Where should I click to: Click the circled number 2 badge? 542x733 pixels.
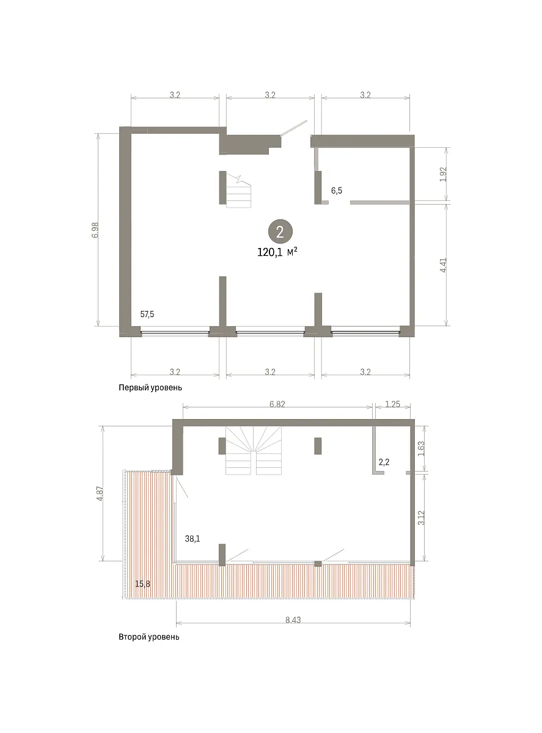(x=280, y=232)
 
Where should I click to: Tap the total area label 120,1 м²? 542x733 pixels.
(x=277, y=252)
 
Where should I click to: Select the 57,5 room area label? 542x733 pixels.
(x=147, y=314)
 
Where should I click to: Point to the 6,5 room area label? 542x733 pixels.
(x=337, y=191)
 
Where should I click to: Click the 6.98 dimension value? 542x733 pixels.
(x=95, y=230)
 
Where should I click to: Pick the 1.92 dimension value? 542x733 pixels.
(x=444, y=174)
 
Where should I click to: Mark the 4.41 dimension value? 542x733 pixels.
(x=444, y=264)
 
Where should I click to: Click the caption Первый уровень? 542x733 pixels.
(x=150, y=388)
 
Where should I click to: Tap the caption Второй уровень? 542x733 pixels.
(x=149, y=637)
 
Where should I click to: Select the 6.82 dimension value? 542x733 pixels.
(x=277, y=404)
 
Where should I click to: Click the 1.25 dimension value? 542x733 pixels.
(x=392, y=404)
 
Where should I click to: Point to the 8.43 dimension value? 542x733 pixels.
(x=293, y=620)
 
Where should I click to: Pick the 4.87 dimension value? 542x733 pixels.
(x=100, y=494)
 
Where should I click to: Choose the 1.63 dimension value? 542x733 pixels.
(x=421, y=448)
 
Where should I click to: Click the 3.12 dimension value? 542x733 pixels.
(x=421, y=517)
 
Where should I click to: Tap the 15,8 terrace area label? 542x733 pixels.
(x=142, y=584)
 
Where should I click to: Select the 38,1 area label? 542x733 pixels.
(x=192, y=539)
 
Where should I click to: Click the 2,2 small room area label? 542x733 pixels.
(x=384, y=462)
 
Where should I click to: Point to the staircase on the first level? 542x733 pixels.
(x=238, y=192)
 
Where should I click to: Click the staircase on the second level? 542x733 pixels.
(x=254, y=450)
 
